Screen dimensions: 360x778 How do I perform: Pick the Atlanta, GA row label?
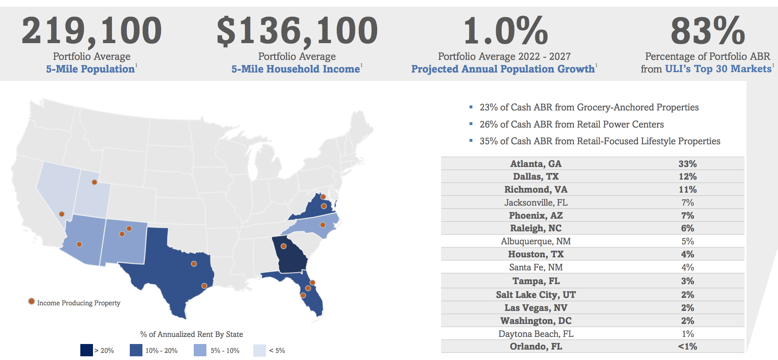536,164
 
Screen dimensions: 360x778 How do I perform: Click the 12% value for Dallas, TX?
687,177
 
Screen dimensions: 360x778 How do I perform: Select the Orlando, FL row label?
536,347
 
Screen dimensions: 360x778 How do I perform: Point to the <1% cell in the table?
687,347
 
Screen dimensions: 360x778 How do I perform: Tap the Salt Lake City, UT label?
536,295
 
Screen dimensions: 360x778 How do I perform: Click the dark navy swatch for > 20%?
86,350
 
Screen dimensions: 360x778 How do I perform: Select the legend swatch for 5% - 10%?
200,350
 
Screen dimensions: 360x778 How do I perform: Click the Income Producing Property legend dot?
32,301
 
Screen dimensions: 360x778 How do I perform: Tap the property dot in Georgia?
283,246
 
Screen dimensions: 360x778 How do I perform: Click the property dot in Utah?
94,182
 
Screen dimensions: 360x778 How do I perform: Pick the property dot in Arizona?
79,244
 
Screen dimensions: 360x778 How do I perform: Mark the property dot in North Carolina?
323,225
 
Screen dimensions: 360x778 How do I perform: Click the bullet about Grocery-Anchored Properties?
589,107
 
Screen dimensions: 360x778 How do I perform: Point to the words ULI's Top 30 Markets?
718,69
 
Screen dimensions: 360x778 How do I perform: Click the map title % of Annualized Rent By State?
192,334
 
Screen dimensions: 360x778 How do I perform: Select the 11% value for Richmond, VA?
687,190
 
